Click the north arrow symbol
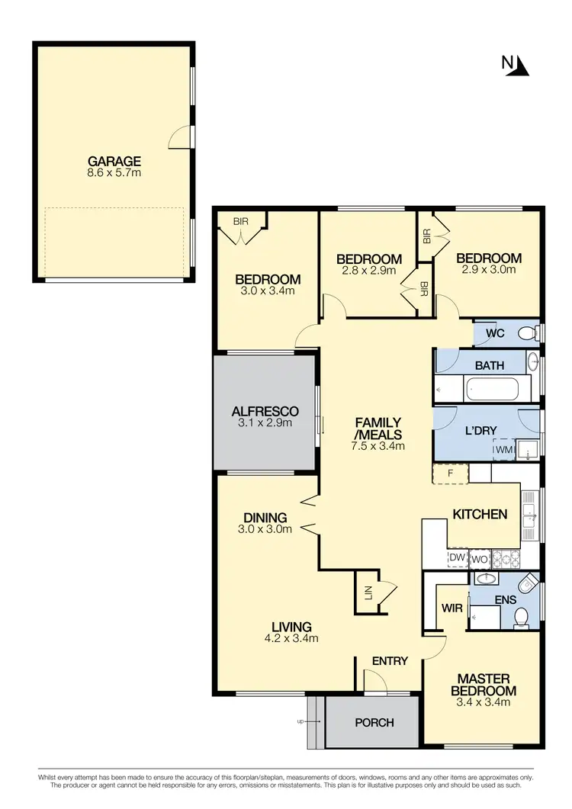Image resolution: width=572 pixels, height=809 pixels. coord(521,66)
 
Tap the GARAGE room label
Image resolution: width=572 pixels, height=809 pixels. coord(114,161)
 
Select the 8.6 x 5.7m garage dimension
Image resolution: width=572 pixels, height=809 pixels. coord(114,173)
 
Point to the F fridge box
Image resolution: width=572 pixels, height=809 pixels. coord(451,474)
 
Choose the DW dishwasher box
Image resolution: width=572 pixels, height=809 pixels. coord(458,557)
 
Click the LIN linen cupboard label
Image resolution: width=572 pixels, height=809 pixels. coord(368,592)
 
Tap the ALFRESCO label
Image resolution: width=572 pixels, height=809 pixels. coord(265,411)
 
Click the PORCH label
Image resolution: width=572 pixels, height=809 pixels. coord(374,722)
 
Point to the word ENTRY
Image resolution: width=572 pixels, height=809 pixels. coord(390,661)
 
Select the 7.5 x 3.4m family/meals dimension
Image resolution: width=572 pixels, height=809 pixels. coord(378,447)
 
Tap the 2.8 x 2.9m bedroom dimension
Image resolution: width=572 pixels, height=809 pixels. coord(369,271)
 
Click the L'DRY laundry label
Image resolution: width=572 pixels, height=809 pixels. coord(480,431)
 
